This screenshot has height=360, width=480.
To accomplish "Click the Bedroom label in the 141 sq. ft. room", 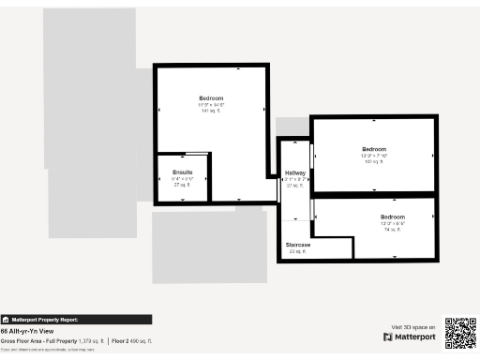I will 211,98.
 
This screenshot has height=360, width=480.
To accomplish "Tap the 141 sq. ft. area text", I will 211,111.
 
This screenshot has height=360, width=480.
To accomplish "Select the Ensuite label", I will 182,172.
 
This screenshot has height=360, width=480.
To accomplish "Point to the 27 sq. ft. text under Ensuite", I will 182,185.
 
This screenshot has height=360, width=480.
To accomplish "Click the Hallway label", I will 294,173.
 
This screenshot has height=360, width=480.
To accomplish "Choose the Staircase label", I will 298,245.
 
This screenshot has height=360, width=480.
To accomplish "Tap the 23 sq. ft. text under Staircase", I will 298,251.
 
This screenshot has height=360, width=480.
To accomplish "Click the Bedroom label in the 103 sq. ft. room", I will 374,149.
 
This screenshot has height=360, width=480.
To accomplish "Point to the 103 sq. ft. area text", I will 374,162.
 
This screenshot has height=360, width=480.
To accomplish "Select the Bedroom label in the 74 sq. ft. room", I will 392,217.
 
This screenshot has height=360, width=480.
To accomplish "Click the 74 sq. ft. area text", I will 392,229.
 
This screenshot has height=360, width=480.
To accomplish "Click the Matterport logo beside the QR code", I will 409,336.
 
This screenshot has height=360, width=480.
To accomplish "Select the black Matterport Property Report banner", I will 75,319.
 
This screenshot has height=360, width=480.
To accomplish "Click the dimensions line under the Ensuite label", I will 182,179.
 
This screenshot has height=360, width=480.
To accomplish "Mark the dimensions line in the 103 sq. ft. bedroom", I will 374,156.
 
